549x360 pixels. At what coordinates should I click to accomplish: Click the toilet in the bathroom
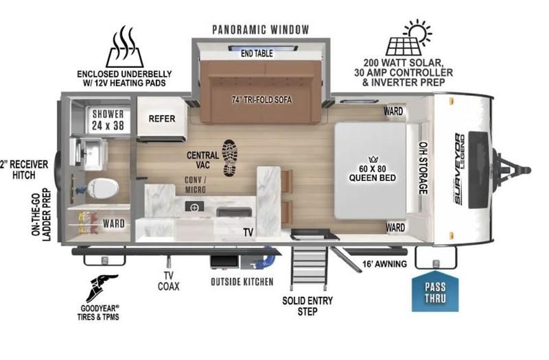tap(102, 189)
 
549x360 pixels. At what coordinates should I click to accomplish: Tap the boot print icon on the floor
tap(230, 158)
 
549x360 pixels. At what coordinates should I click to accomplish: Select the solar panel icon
tap(409, 38)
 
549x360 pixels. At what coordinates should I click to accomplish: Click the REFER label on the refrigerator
tap(162, 119)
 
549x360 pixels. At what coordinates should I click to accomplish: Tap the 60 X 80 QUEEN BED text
tap(373, 173)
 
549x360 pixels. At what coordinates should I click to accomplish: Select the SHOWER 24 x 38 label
tap(108, 119)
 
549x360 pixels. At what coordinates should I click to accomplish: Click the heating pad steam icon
tap(125, 47)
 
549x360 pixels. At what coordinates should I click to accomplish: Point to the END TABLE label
tap(257, 53)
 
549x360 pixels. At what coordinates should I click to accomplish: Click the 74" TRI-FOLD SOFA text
tap(261, 99)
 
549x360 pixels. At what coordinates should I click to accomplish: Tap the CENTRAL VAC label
tap(202, 160)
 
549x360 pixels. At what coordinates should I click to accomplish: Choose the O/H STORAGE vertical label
tap(423, 168)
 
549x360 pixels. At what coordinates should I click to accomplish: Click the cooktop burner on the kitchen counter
tap(194, 207)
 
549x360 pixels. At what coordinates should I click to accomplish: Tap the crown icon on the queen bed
tap(373, 159)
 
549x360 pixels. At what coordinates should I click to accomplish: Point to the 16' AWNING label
tap(384, 264)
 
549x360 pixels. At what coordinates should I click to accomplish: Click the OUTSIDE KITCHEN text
tap(242, 282)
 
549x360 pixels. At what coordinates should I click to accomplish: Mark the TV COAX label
tap(168, 281)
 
